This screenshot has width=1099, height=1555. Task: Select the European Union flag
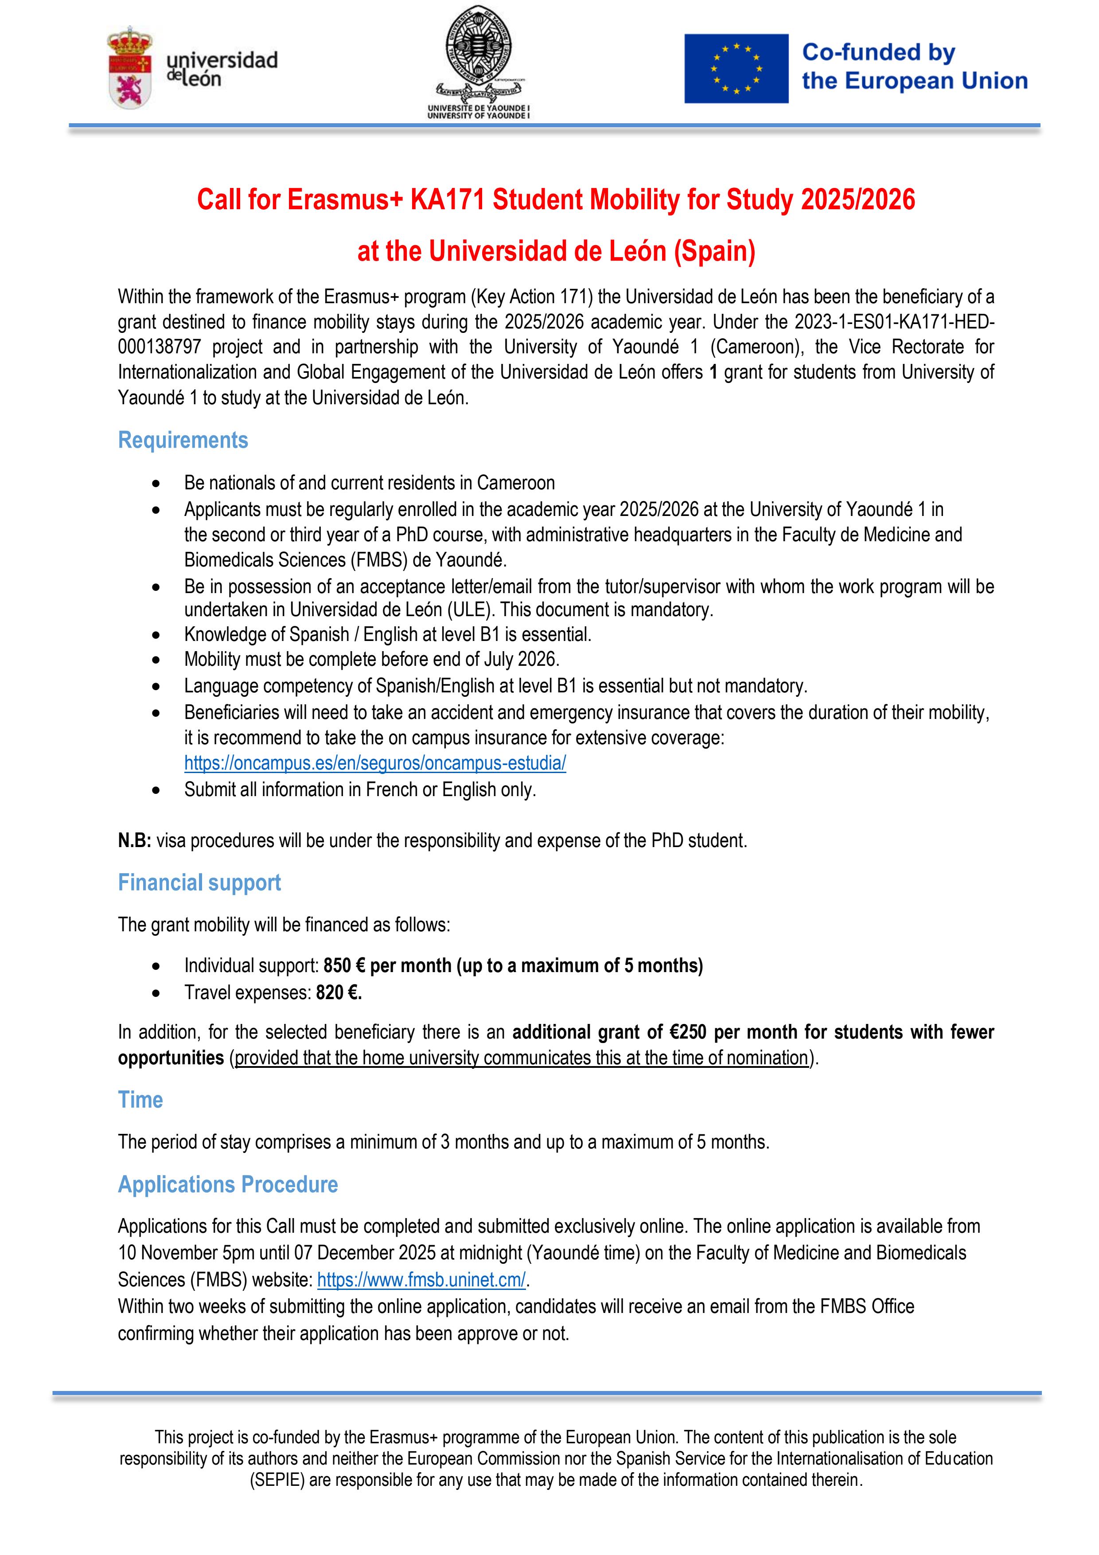coord(736,68)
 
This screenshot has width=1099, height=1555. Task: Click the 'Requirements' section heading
coord(183,440)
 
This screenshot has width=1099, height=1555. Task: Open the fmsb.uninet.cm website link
coord(421,1280)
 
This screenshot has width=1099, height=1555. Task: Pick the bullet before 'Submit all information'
coord(156,790)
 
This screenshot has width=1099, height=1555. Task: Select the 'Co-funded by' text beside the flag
coord(878,52)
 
